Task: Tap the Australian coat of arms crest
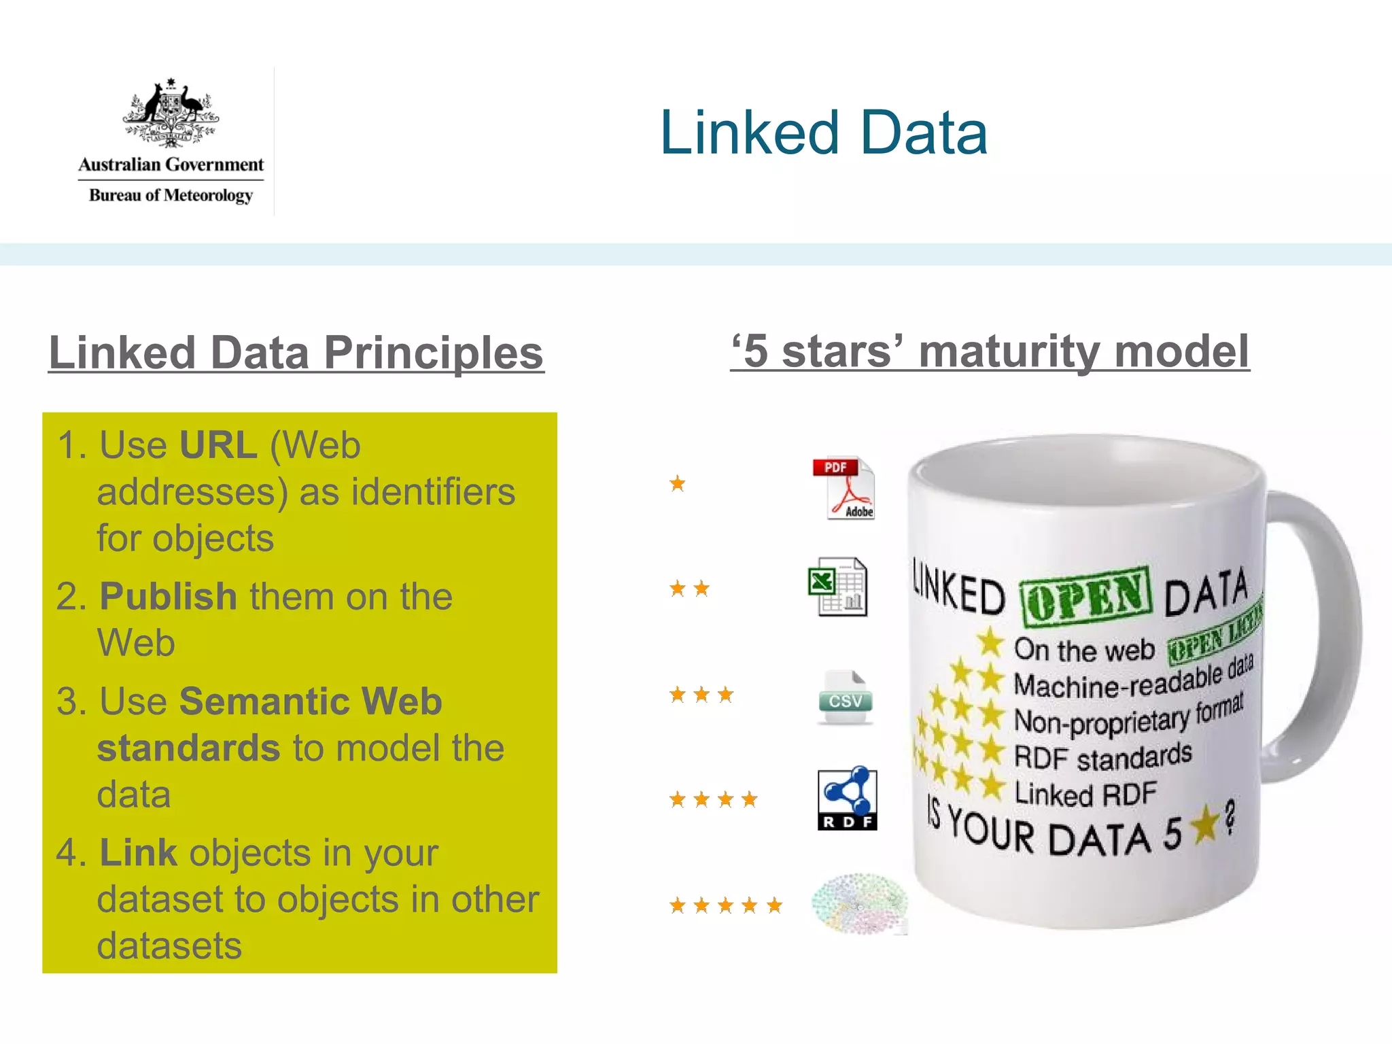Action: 171,113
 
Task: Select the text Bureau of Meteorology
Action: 171,196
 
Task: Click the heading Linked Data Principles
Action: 296,353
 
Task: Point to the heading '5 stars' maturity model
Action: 990,351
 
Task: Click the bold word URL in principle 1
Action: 218,446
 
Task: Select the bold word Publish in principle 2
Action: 169,597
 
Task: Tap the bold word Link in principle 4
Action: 138,853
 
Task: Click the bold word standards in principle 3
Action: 188,748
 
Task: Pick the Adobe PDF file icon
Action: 843,488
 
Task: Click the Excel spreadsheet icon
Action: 837,587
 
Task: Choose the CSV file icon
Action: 845,698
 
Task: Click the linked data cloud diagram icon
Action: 859,903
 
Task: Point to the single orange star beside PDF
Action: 677,483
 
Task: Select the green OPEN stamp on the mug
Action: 1085,596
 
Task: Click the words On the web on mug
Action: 1083,650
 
